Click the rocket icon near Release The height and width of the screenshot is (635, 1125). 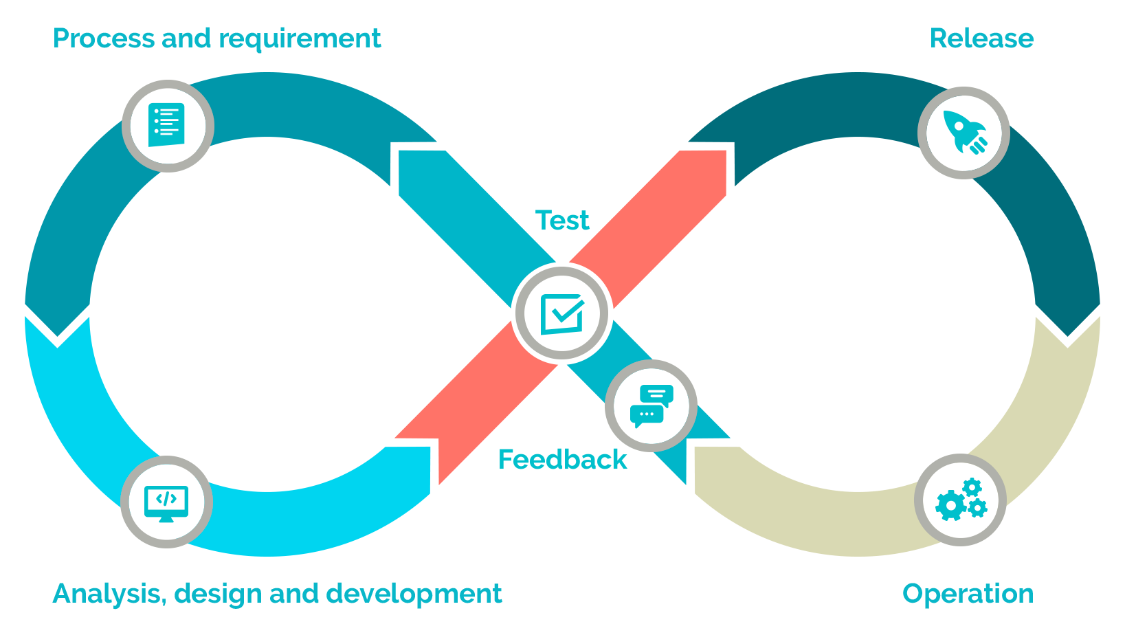tap(964, 132)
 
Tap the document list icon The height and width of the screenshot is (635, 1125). tap(167, 125)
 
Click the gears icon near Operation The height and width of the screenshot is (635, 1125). tap(960, 500)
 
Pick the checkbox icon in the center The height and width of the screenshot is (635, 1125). tap(562, 313)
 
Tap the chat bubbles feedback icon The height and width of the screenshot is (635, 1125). tap(651, 405)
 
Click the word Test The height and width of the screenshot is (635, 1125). tap(562, 221)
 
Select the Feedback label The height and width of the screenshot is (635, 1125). tap(562, 459)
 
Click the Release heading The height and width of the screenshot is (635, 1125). tap(981, 38)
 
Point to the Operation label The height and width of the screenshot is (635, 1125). tap(968, 594)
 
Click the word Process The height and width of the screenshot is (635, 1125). tap(104, 38)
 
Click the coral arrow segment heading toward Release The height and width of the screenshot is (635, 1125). tap(660, 213)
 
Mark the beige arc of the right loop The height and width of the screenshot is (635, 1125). tap(1031, 440)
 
